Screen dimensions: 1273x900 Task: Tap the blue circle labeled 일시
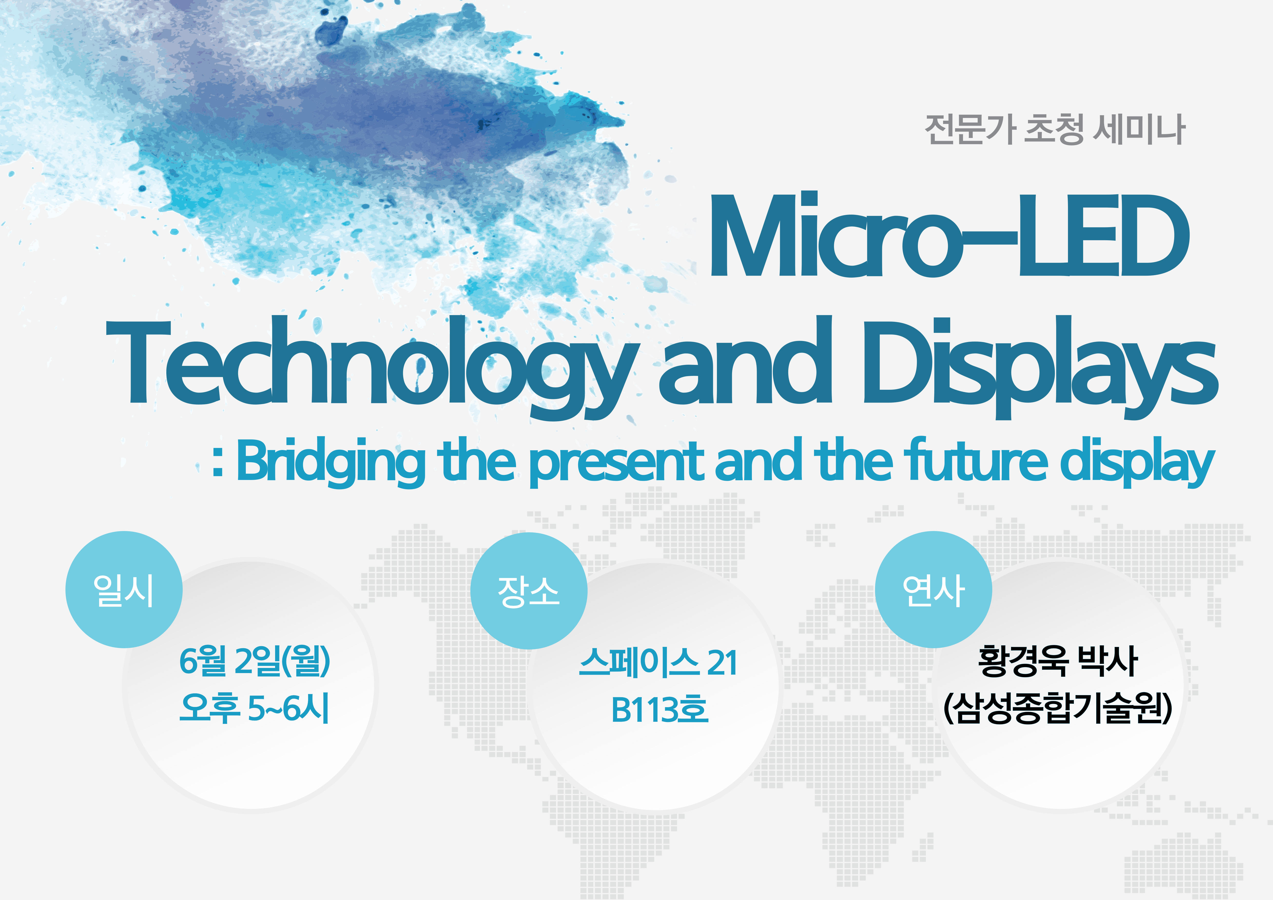(124, 589)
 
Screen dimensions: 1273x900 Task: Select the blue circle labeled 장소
(528, 591)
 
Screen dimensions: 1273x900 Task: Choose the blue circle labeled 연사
(933, 589)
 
